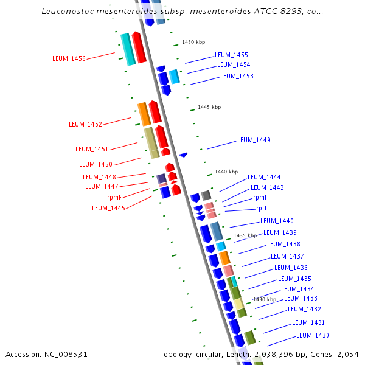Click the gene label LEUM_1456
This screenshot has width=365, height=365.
pos(69,58)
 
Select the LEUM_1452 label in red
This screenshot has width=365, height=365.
pos(85,124)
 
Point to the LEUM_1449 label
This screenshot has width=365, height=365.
pos(254,140)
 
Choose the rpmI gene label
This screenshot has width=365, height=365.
pos(260,197)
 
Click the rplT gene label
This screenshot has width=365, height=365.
pos(262,208)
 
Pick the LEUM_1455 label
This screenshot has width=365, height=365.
pos(231,55)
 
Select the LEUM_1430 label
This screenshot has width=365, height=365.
pos(313,335)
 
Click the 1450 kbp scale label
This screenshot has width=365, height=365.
pos(193,42)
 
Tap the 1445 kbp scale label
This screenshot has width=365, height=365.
pos(209,107)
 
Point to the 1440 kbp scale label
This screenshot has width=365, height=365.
pos(226,172)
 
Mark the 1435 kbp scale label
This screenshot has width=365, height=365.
pos(245,235)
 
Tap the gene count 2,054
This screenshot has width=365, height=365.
pos(349,354)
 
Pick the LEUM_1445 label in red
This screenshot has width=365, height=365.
pos(108,208)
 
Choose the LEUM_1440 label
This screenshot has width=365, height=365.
pos(277,221)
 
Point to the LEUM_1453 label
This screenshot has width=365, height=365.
pos(237,76)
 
